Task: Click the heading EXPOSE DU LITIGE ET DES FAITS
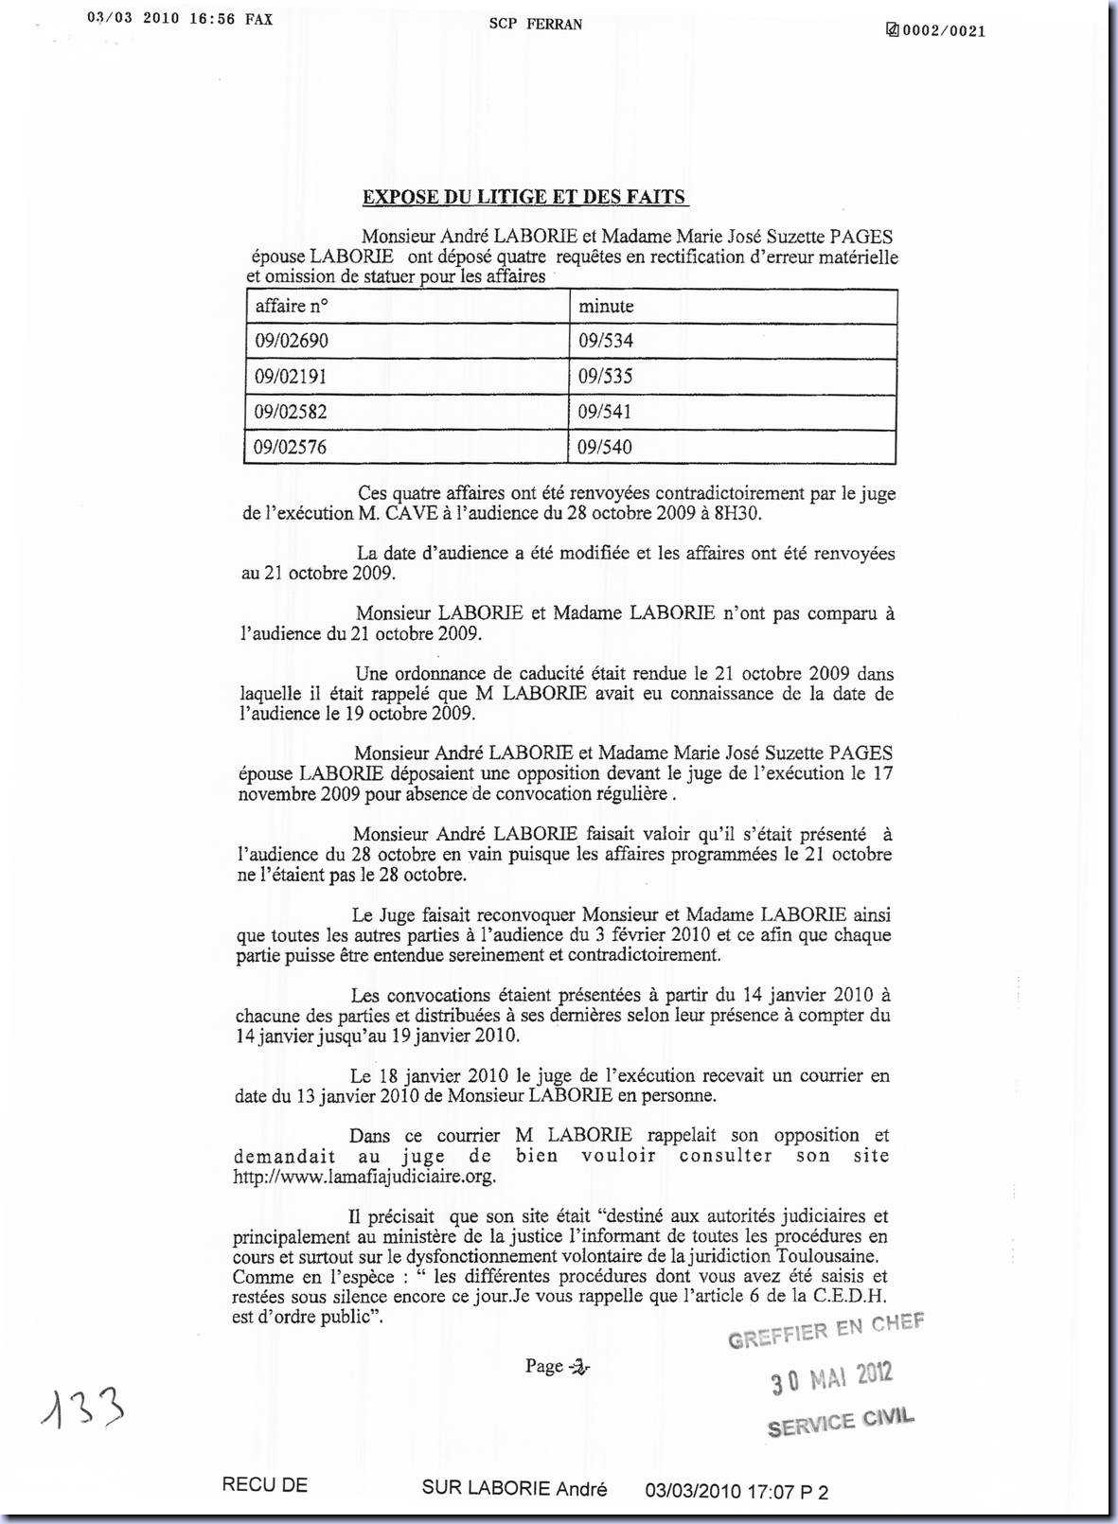pyautogui.click(x=525, y=197)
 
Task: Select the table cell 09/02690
pyautogui.click(x=292, y=341)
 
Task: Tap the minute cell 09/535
pyautogui.click(x=606, y=376)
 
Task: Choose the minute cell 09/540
pyautogui.click(x=606, y=447)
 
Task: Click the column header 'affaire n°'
pyautogui.click(x=292, y=306)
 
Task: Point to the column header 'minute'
pyautogui.click(x=606, y=306)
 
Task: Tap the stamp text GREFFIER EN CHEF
pyautogui.click(x=825, y=1330)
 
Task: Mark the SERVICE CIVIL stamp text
pyautogui.click(x=841, y=1422)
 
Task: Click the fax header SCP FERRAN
pyautogui.click(x=536, y=24)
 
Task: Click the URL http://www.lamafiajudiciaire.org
pyautogui.click(x=364, y=1177)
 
